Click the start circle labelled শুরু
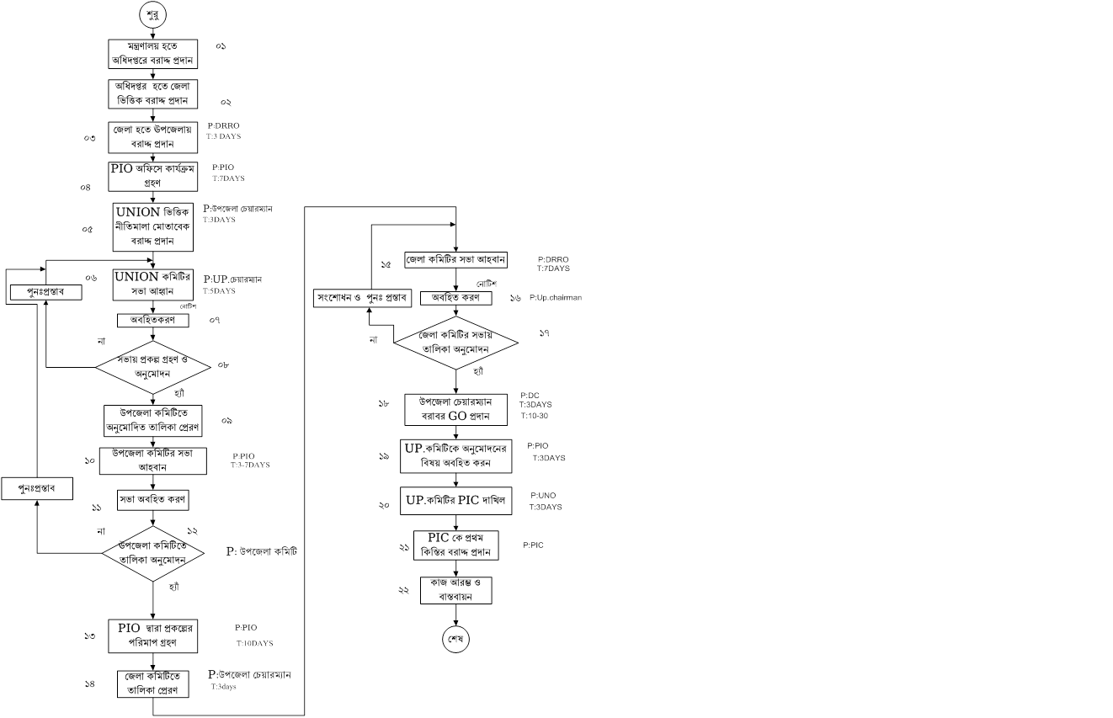152,16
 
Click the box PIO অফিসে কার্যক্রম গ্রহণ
152,175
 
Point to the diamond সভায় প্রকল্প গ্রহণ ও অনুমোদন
152,368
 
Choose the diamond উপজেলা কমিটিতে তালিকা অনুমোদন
152,554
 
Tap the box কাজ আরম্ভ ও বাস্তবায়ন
455,589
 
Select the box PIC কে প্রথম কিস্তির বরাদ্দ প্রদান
455,545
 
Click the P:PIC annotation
533,545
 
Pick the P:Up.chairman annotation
556,298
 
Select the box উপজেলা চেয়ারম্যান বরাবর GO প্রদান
455,409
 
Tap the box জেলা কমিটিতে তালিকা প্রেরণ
152,683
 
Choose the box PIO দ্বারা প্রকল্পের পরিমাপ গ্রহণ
152,636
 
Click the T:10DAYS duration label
254,644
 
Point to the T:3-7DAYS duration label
250,465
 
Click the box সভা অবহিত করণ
152,499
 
